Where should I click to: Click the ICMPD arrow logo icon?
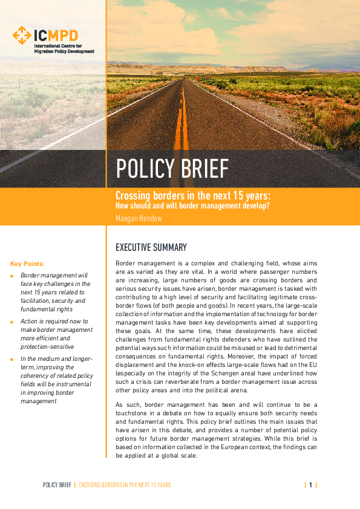22,36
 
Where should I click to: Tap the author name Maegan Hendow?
139,218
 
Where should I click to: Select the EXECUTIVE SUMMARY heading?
151,247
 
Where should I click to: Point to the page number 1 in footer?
310,485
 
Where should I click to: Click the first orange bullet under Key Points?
12,276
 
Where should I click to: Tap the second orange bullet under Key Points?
12,322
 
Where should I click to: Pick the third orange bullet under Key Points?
12,359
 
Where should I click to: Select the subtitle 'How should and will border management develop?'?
192,205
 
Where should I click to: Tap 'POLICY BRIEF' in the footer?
57,485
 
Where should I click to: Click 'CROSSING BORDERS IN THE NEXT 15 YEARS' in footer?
125,485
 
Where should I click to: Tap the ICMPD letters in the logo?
56,35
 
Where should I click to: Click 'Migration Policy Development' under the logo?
64,52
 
